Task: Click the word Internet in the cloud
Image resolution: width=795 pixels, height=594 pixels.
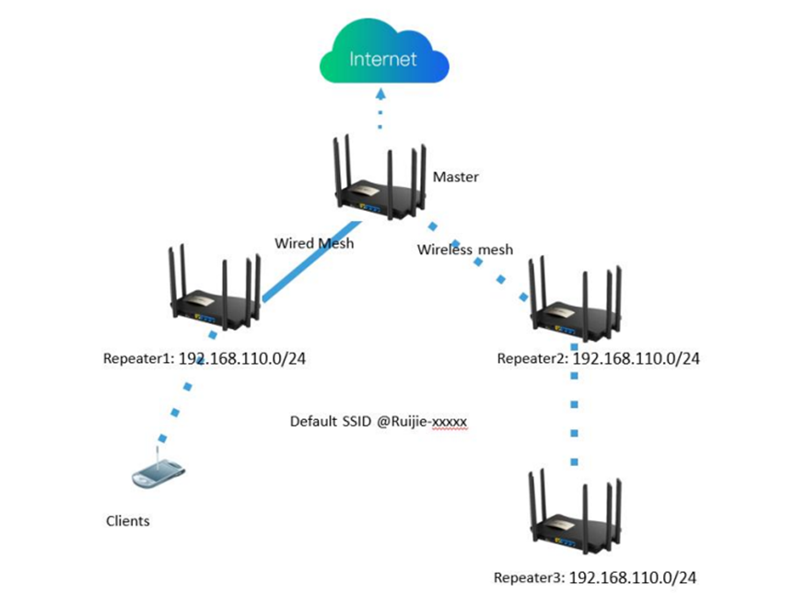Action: pyautogui.click(x=383, y=59)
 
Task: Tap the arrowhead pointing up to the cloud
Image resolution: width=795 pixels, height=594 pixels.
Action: pyautogui.click(x=380, y=94)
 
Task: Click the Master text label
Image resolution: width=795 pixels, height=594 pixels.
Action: pyautogui.click(x=455, y=177)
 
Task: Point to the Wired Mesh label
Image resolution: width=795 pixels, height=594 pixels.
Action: pyautogui.click(x=314, y=243)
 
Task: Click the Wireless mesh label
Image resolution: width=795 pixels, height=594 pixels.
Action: pyautogui.click(x=465, y=250)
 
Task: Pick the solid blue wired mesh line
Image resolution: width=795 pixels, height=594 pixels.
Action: pyautogui.click(x=311, y=262)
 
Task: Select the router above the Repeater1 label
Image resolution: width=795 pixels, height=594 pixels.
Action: pyautogui.click(x=215, y=288)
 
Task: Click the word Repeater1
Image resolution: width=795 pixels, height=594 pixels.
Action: pyautogui.click(x=138, y=358)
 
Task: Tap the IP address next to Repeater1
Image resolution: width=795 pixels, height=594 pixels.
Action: pyautogui.click(x=242, y=358)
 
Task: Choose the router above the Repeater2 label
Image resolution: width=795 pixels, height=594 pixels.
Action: pyautogui.click(x=575, y=299)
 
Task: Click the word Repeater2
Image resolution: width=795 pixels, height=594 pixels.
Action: pyautogui.click(x=532, y=358)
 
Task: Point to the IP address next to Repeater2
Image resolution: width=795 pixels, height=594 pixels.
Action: pyautogui.click(x=636, y=358)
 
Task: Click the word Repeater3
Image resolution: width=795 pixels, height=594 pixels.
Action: pyautogui.click(x=529, y=577)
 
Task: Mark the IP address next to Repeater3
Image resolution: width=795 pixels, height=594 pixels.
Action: pyautogui.click(x=633, y=577)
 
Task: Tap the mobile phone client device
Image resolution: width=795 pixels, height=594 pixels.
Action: pyautogui.click(x=158, y=474)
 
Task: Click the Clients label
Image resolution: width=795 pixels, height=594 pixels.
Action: pyautogui.click(x=128, y=521)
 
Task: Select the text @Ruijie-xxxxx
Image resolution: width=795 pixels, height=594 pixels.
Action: pyautogui.click(x=421, y=422)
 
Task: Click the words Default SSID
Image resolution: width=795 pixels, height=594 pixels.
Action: pyautogui.click(x=331, y=421)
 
